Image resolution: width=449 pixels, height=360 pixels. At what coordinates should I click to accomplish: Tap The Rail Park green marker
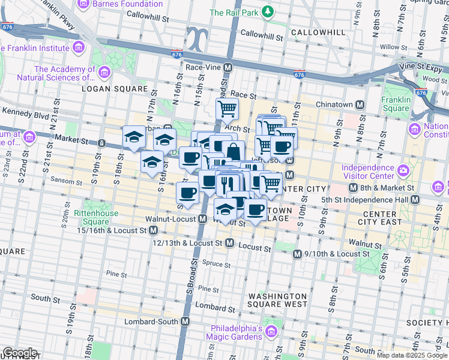coord(269,12)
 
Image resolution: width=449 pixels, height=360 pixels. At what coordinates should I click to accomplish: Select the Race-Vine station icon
coord(228,68)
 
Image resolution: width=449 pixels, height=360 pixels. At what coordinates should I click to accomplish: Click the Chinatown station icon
coord(360,104)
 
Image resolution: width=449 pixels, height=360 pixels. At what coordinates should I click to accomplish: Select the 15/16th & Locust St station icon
coord(153,230)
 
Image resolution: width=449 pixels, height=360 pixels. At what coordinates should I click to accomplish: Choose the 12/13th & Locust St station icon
coord(229,243)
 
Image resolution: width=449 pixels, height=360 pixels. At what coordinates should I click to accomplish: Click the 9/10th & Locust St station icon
coord(297,254)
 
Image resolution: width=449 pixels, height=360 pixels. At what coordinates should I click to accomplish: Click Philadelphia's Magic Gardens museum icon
coord(271,331)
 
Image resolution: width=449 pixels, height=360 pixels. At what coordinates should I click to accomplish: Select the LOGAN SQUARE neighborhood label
coord(114,89)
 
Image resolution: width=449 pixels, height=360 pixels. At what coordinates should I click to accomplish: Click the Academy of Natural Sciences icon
coord(105,73)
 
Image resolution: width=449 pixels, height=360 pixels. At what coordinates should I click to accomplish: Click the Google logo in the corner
coord(20,353)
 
